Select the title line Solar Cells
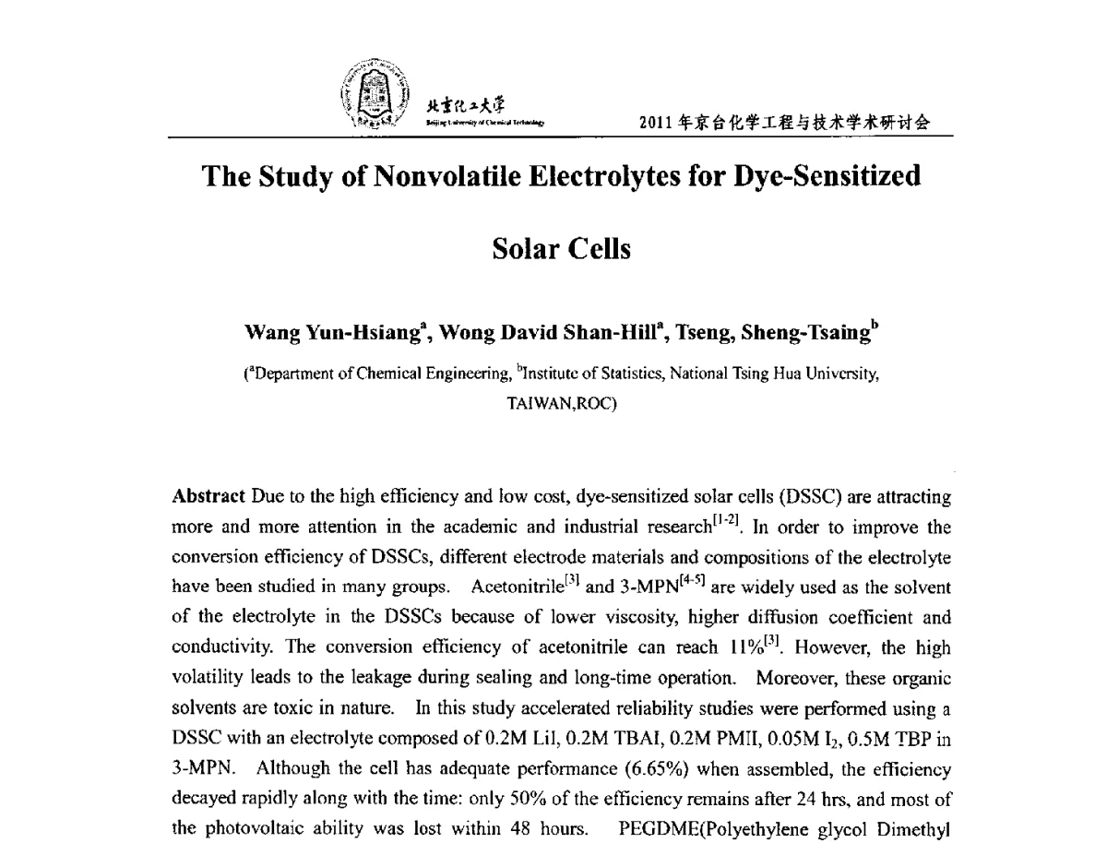coord(562,249)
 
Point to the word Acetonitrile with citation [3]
coord(509,588)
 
